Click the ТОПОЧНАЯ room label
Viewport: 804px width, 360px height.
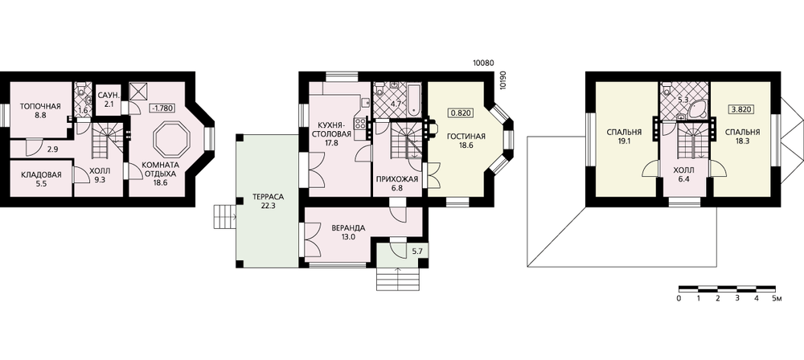point(40,107)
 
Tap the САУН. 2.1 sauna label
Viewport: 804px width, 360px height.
point(109,100)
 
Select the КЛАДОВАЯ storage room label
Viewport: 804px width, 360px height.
point(42,175)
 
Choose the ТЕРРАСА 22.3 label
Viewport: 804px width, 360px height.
point(268,201)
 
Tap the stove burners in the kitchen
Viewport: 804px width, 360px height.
point(360,124)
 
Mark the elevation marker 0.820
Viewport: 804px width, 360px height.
point(461,112)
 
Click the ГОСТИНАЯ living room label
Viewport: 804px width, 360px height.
point(466,136)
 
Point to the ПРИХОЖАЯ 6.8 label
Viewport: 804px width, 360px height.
point(397,183)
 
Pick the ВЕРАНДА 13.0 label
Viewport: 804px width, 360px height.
point(348,232)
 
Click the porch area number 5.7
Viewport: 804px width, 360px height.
point(416,252)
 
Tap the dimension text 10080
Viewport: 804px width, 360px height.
point(482,63)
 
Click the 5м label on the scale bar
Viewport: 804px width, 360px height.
point(777,298)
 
